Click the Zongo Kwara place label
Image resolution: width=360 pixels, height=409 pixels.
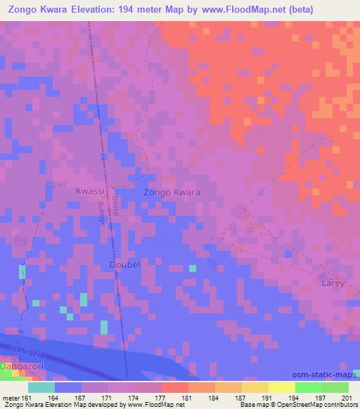click(x=172, y=192)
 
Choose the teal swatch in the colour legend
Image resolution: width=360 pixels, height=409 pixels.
click(x=41, y=387)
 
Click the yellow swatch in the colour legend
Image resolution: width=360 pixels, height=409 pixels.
click(x=281, y=387)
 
